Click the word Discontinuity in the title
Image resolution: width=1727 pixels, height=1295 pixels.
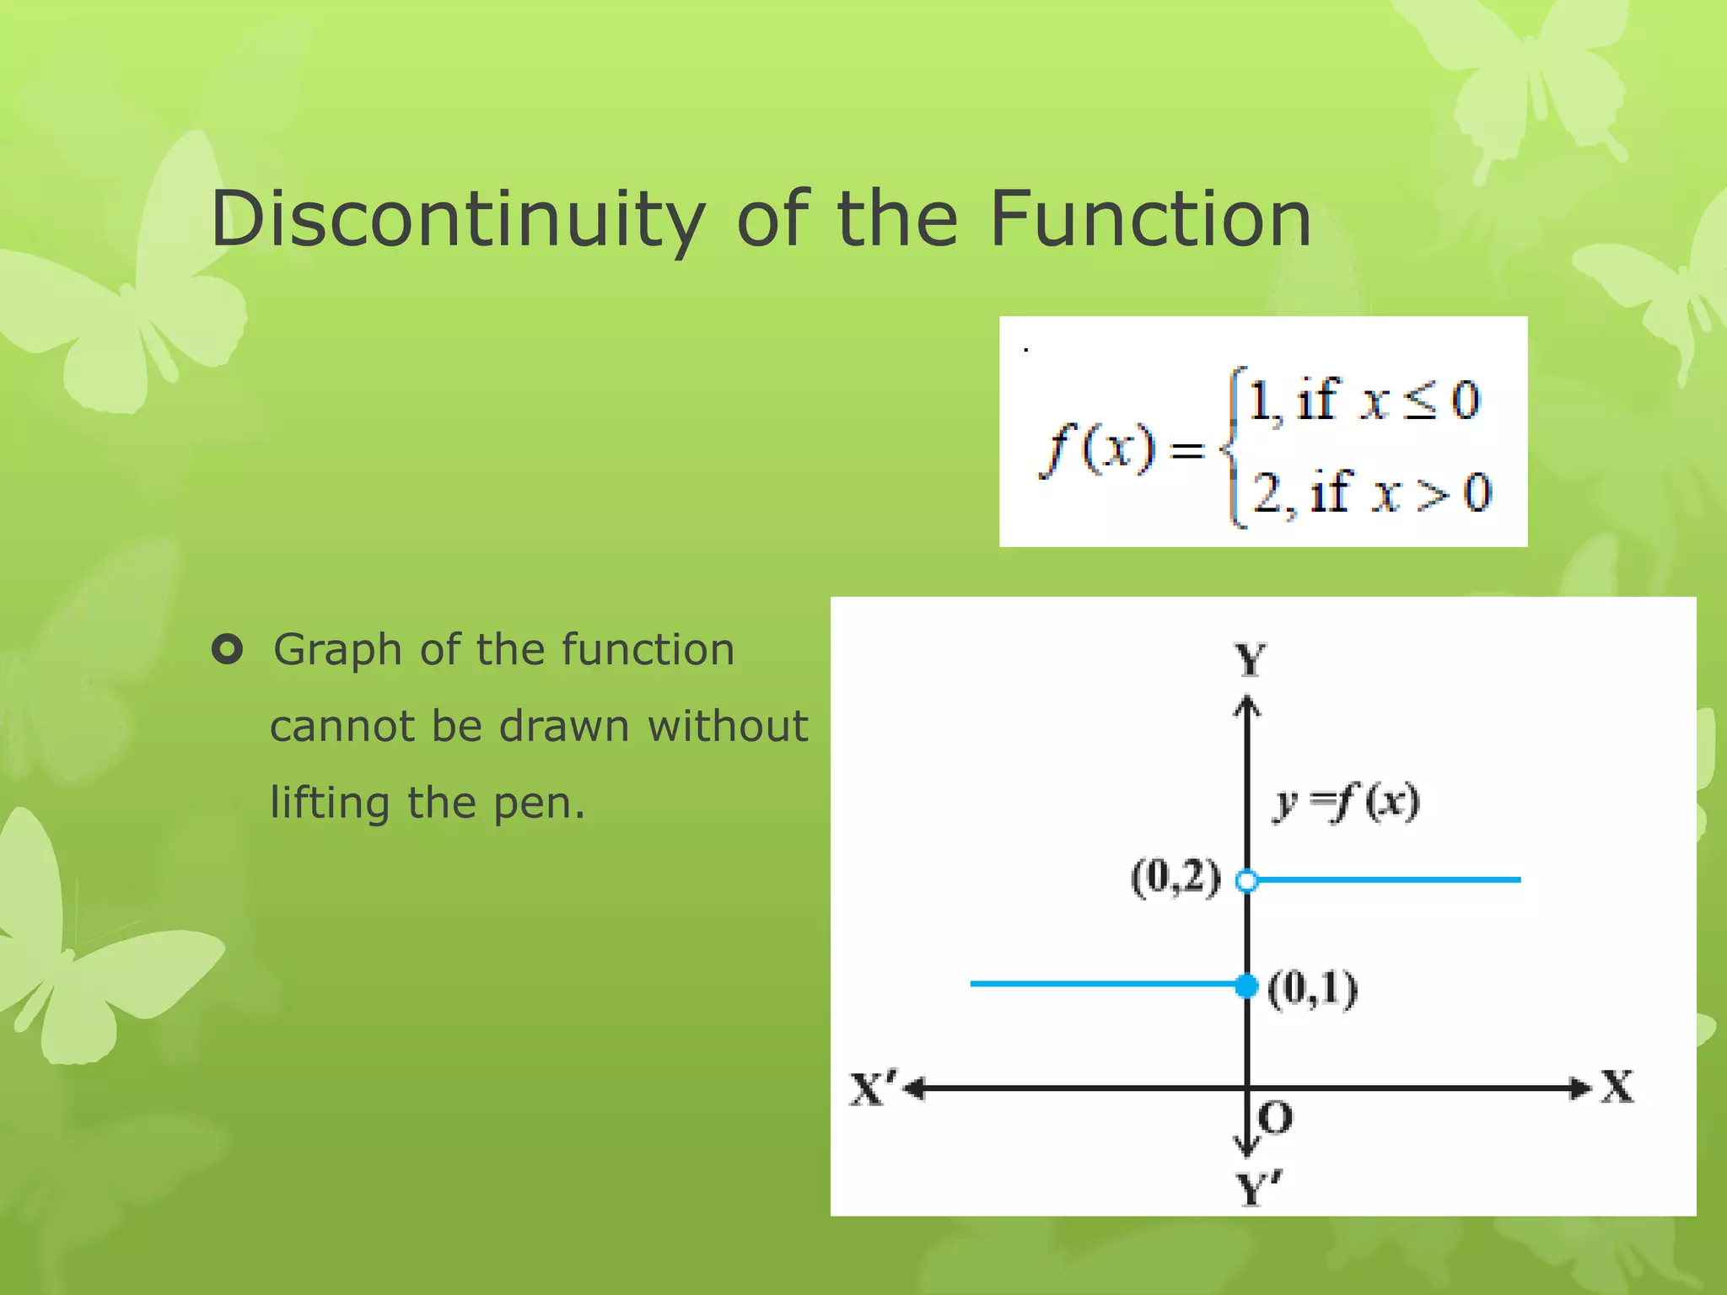[458, 219]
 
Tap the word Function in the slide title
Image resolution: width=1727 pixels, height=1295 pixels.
[1150, 219]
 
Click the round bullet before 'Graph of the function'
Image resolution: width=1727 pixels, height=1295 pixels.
[227, 649]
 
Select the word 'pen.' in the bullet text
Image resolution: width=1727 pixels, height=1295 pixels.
[539, 803]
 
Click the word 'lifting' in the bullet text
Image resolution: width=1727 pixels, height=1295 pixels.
[330, 803]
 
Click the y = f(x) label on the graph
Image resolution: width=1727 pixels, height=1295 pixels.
[1346, 801]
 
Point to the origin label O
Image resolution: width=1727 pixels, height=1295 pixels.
[1274, 1118]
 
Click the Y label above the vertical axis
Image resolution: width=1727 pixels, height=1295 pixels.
[1250, 658]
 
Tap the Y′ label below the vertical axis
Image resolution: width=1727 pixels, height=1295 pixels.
[1257, 1190]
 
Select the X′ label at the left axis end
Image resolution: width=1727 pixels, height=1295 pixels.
[874, 1088]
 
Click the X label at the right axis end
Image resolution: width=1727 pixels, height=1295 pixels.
[1617, 1086]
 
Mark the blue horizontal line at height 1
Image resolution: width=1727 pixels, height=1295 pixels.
[1105, 984]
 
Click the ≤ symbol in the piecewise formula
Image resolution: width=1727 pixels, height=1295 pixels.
[1420, 401]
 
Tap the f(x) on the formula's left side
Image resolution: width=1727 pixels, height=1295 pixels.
[1097, 449]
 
